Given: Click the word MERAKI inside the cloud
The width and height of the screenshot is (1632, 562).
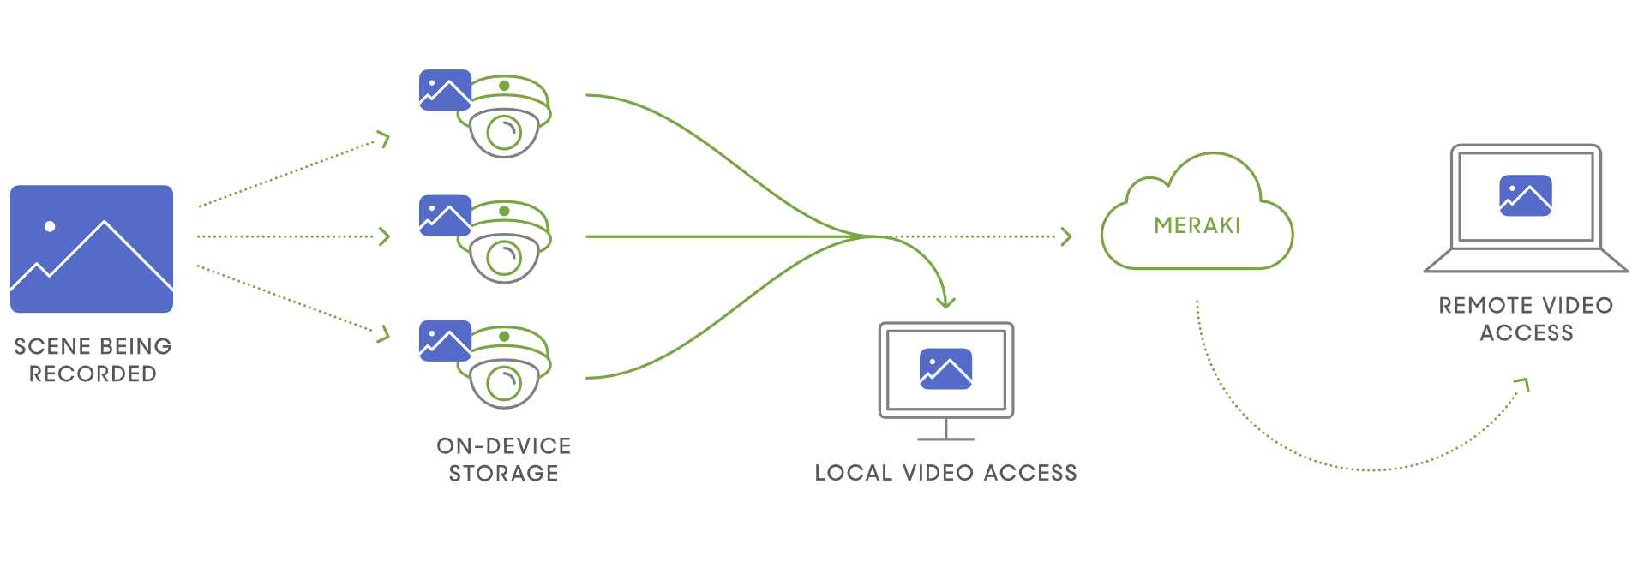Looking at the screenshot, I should [1197, 225].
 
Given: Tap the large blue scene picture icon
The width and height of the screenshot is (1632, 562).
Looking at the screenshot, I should [92, 248].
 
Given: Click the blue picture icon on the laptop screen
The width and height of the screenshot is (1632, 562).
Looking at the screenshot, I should [1525, 195].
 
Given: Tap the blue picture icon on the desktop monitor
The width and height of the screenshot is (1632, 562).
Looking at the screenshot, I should [945, 368].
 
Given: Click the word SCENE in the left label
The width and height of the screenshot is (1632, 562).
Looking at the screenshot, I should [51, 346].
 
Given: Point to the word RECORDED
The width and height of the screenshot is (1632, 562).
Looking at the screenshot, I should [93, 374].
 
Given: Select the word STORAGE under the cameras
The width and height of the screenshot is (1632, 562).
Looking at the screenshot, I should [504, 473].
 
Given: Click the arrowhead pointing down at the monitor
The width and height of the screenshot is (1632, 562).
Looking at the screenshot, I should [945, 302].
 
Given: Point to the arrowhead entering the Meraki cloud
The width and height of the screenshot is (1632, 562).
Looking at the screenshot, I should [1066, 236].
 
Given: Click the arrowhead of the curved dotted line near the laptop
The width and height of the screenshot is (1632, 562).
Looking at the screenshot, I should [1523, 384].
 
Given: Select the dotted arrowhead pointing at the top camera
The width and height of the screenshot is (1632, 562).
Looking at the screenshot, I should [385, 139].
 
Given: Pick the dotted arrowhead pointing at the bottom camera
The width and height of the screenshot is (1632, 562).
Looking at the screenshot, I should [385, 333].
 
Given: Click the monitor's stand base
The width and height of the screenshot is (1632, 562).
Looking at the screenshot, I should [945, 439].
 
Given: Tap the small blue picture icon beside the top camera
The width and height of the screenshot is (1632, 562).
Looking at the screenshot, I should [445, 90].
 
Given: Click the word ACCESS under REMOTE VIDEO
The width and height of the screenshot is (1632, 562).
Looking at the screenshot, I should [1527, 333].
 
